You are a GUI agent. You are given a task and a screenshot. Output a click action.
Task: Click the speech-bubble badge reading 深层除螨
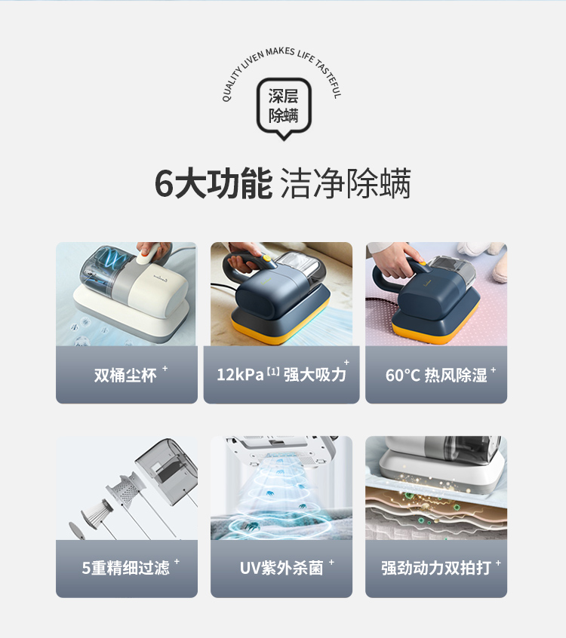(x=284, y=107)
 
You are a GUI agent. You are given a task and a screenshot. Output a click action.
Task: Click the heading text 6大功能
(x=214, y=183)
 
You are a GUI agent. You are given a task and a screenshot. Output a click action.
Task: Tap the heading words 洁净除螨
(x=346, y=183)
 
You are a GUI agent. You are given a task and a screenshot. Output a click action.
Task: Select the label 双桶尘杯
(x=125, y=375)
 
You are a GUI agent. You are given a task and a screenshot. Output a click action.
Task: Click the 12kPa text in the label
(x=240, y=375)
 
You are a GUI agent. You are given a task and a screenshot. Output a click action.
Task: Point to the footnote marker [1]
(x=273, y=372)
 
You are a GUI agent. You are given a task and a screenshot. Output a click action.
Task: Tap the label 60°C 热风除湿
(x=436, y=375)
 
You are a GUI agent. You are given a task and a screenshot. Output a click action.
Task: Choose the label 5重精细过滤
(x=125, y=568)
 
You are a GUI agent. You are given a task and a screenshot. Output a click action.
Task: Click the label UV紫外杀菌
(x=281, y=568)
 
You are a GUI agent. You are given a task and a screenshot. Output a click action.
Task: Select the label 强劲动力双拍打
(x=436, y=568)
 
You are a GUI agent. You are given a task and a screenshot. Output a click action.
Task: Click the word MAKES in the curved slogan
(x=280, y=52)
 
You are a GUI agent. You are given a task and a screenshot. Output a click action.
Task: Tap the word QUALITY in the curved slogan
(x=232, y=85)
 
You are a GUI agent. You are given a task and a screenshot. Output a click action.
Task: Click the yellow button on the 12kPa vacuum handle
(x=266, y=258)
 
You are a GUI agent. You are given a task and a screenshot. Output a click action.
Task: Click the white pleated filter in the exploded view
(x=97, y=514)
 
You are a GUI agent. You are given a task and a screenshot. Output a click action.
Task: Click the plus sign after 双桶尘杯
(x=165, y=368)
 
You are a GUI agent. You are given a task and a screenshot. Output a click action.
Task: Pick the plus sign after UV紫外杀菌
(x=331, y=562)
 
